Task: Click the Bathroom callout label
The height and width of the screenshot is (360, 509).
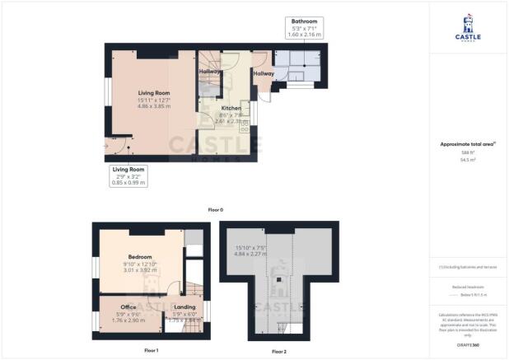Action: (303, 26)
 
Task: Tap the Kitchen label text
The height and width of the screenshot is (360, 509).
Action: (231, 108)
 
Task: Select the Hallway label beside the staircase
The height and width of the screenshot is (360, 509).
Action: (210, 71)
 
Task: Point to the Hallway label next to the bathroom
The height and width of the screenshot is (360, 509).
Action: (264, 73)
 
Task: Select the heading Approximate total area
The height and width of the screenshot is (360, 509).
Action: (468, 143)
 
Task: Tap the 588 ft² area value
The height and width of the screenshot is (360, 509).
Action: (468, 153)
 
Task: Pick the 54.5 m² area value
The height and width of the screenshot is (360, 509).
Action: (468, 161)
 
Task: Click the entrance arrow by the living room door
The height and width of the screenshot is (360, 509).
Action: (105, 146)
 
